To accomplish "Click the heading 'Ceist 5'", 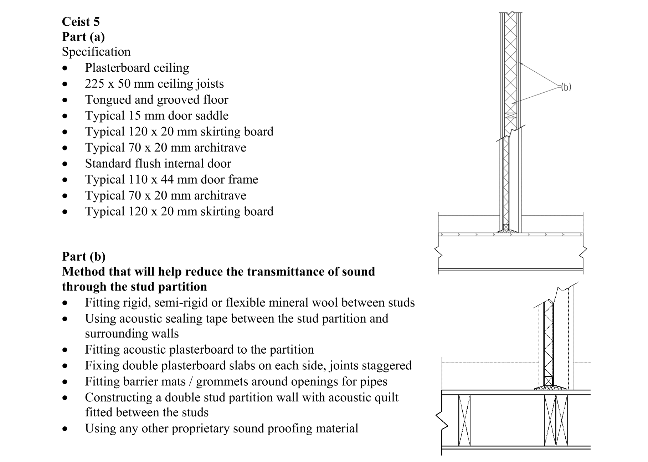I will point(81,22).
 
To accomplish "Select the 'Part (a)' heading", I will point(83,37).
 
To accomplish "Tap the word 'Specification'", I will point(96,52).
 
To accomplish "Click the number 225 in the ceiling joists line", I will point(94,84).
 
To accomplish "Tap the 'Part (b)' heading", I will point(83,257).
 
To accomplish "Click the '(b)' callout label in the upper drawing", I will point(566,87).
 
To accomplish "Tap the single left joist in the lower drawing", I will point(464,420).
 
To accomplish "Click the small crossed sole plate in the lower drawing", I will point(548,381).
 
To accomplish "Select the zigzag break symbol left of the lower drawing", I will point(442,421).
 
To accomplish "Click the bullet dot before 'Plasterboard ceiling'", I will point(65,68).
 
